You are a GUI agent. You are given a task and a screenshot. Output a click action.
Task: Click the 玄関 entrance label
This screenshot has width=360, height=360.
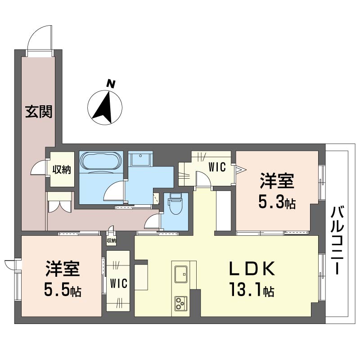[39, 112]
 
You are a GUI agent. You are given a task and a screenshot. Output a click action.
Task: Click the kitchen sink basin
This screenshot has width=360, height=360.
[181, 274]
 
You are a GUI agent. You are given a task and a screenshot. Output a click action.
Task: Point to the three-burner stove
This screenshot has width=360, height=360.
[181, 303]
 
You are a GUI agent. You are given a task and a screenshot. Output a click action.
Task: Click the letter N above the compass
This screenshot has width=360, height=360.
[111, 84]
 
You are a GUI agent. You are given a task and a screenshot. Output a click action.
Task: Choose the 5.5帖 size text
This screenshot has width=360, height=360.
[63, 291]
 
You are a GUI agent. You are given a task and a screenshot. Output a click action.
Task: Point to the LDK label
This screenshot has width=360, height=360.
[252, 268]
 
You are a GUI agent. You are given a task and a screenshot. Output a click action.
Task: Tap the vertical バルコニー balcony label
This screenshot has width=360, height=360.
[337, 240]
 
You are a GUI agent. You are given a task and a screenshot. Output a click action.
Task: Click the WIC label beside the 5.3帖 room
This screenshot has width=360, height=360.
[217, 167]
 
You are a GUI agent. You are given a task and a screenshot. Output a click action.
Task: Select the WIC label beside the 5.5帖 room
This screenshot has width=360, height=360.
[119, 283]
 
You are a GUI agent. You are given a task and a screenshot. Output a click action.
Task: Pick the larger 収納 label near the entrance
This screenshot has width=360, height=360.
[62, 170]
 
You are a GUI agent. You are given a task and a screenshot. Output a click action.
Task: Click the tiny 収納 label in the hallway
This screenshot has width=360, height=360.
[112, 241]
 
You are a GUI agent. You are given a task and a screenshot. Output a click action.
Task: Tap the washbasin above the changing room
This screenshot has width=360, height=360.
[140, 158]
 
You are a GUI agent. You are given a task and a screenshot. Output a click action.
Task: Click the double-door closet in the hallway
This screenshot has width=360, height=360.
[59, 202]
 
